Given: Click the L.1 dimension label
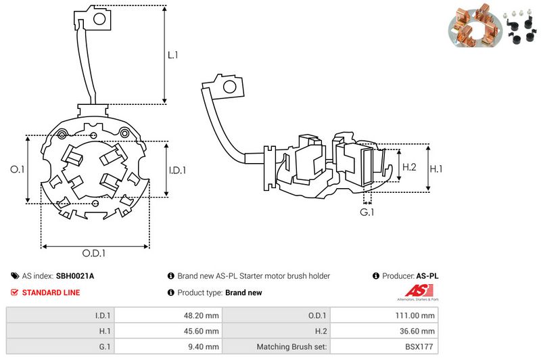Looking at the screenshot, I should pyautogui.click(x=173, y=55).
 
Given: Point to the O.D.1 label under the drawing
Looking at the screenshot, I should pyautogui.click(x=95, y=254).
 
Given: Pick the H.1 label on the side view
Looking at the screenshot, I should pyautogui.click(x=437, y=166).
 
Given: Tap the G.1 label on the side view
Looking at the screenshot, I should pyautogui.click(x=367, y=213).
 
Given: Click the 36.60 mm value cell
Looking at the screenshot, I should pyautogui.click(x=417, y=331).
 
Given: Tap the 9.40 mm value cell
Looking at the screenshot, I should pyautogui.click(x=202, y=346).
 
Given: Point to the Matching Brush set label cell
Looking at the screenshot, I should pyautogui.click(x=292, y=346).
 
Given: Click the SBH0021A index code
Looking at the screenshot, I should pyautogui.click(x=75, y=276).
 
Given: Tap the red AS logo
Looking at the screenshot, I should pyautogui.click(x=404, y=292).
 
